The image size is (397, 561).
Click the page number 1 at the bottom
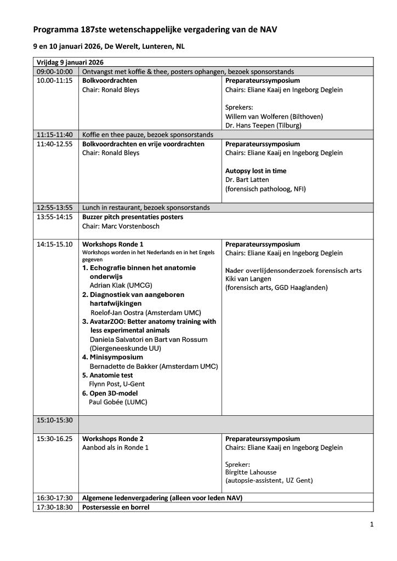372,524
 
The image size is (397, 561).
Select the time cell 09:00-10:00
55,71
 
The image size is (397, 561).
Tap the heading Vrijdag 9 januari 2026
70,62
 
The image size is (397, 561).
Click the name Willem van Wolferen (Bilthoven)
274,116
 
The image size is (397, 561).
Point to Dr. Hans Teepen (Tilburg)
263,125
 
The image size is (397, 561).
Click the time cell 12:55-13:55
55,208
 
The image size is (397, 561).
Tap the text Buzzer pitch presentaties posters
132,217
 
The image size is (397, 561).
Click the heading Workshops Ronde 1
113,244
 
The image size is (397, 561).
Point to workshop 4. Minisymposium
112,357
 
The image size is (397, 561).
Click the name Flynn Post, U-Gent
117,384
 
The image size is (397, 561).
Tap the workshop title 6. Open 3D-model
110,393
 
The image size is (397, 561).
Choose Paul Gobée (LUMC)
118,402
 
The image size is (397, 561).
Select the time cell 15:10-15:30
55,420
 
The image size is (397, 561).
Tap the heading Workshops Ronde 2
113,439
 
